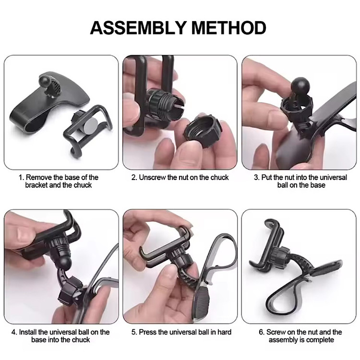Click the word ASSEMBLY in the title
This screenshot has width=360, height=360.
138,28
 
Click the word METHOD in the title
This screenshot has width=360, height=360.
228,28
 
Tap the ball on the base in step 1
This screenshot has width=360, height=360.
46,80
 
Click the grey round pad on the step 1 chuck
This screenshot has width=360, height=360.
91,126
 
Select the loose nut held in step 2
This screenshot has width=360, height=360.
203,131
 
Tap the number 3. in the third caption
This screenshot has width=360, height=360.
257,178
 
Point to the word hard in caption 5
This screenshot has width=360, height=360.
224,332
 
